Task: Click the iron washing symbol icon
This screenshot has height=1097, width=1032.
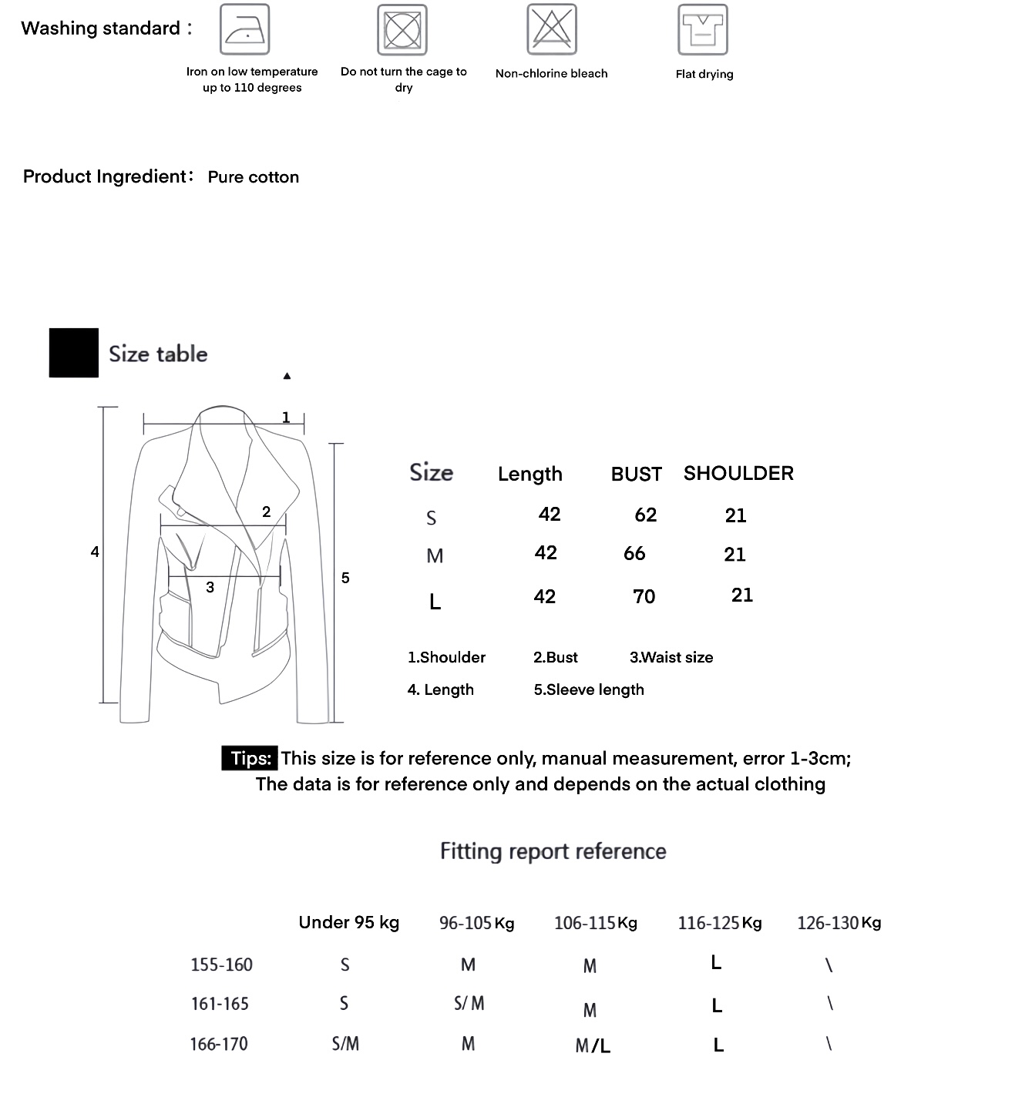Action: (x=244, y=29)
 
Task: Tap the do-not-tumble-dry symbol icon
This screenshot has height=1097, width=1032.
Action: (x=402, y=30)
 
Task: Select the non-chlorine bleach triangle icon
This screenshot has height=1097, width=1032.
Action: (x=551, y=29)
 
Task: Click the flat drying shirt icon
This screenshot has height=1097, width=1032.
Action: (x=702, y=30)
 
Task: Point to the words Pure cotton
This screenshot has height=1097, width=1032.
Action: (x=253, y=177)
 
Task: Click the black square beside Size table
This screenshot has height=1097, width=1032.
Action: (x=73, y=353)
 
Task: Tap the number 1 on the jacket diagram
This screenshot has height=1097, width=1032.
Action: (x=286, y=418)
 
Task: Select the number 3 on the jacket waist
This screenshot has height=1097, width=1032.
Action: (x=210, y=588)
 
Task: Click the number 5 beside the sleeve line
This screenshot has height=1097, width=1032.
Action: (x=345, y=578)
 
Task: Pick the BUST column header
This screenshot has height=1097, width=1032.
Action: (x=636, y=475)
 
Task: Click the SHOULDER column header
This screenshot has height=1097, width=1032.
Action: (x=738, y=473)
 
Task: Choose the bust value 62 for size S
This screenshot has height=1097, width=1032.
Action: (x=645, y=515)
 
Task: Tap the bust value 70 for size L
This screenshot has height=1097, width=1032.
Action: (x=644, y=597)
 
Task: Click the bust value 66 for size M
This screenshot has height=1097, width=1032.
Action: (x=634, y=554)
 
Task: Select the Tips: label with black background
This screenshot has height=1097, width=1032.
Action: (x=249, y=759)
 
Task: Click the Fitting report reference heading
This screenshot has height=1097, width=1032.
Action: (x=553, y=851)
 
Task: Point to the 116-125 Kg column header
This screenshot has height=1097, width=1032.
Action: (x=719, y=923)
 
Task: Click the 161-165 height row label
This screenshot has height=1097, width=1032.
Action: (x=220, y=1004)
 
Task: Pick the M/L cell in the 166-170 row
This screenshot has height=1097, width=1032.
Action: (x=592, y=1046)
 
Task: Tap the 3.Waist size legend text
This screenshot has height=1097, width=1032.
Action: (x=671, y=658)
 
